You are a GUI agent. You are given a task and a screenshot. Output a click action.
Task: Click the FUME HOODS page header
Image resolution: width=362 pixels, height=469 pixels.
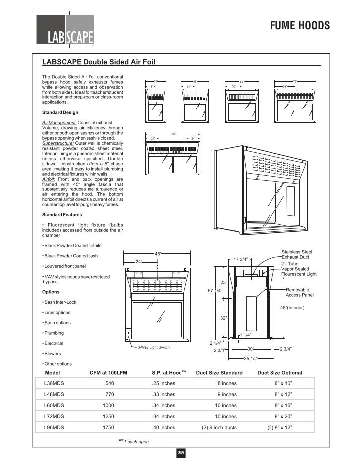300,26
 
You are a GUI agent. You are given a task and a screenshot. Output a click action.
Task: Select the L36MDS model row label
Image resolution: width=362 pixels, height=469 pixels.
54,383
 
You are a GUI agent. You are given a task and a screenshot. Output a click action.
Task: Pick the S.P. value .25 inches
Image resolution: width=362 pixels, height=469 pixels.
163,383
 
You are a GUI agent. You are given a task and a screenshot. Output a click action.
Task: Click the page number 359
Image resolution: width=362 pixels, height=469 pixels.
181,453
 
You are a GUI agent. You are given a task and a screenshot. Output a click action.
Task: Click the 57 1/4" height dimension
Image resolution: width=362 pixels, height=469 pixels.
214,290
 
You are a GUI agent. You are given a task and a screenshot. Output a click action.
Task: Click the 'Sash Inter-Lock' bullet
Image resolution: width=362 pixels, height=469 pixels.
56,302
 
